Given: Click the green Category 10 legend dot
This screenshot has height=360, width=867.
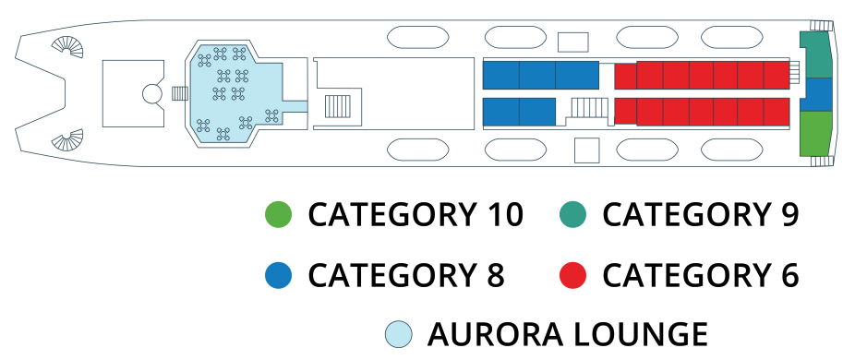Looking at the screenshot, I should [x=278, y=215].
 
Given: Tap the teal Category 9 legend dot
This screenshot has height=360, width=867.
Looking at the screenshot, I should [x=573, y=215].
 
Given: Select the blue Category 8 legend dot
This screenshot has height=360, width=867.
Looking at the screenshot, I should [x=278, y=275].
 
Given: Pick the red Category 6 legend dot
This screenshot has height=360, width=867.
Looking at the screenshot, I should [x=573, y=275].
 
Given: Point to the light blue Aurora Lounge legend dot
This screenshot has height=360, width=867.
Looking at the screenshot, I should [x=398, y=334].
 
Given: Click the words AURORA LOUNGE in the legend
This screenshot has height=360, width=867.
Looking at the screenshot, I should [x=568, y=334].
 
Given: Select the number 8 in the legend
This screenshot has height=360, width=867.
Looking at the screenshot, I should [x=492, y=275].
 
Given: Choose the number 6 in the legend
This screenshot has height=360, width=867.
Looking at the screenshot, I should [x=788, y=275].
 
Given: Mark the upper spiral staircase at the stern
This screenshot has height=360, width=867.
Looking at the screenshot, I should [x=67, y=46].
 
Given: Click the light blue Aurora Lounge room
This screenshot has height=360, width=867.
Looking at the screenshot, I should [x=235, y=92].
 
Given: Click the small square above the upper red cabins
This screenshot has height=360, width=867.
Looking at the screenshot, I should [x=573, y=42].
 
